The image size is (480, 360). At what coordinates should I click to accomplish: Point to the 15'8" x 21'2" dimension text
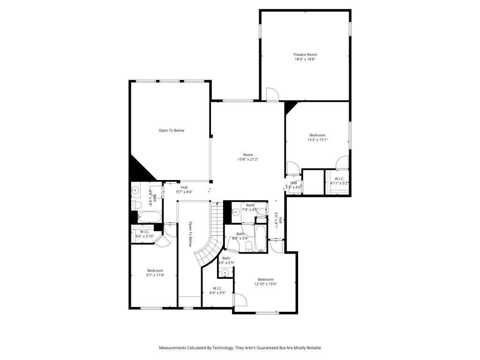point(248,159)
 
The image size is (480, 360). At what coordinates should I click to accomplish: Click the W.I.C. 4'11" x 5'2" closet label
point(339,181)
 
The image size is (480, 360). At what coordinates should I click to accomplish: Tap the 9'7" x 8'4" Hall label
point(184,190)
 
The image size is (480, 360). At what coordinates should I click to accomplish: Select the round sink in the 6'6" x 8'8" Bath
point(135,190)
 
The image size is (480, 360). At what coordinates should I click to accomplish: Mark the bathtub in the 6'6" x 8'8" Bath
point(149,217)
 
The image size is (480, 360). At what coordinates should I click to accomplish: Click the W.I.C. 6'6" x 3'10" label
point(144,234)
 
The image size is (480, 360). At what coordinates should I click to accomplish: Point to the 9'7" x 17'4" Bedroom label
point(155,273)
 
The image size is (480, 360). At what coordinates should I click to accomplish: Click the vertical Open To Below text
point(191,234)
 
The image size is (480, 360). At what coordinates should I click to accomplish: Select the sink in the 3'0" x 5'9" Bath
point(225,273)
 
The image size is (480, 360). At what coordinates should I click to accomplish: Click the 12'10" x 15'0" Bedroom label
point(265,282)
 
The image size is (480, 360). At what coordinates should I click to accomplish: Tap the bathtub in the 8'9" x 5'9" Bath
point(260,239)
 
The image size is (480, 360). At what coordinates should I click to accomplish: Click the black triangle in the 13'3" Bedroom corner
point(290,107)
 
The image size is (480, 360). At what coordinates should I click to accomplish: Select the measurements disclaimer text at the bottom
point(240,348)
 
